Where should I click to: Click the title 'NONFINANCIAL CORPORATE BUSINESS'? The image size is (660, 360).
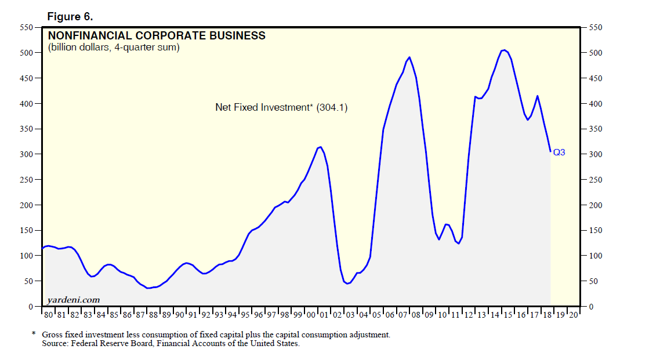pos(157,36)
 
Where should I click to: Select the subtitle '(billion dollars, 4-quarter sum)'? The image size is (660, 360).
pos(114,48)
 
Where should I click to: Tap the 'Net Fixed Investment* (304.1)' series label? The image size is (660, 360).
pos(281,107)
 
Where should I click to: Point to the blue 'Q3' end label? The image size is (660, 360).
pos(559,153)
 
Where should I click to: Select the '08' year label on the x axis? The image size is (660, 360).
pos(416,315)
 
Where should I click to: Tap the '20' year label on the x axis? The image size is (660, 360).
pos(573,315)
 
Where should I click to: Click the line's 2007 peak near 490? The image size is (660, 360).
pos(409,57)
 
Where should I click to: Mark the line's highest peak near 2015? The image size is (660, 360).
pos(504,50)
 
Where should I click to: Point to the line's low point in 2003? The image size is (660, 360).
pos(347,283)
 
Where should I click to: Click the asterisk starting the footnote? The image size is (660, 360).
pos(34,334)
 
